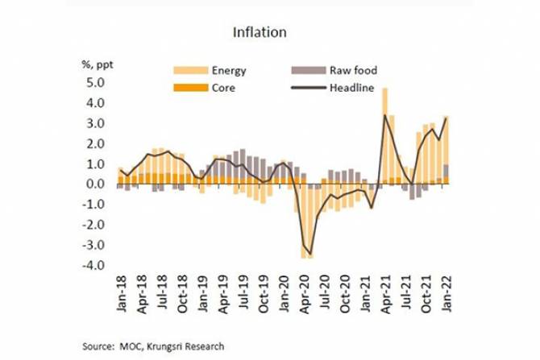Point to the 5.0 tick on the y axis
pos(96,82)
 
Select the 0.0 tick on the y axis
pos(96,184)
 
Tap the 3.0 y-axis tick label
pos(96,123)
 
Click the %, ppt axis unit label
pos(98,64)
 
